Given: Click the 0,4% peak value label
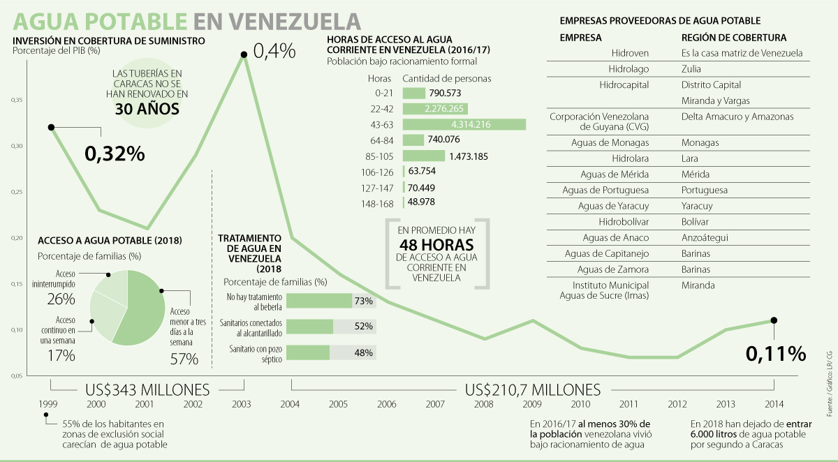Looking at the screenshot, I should pyautogui.click(x=274, y=52).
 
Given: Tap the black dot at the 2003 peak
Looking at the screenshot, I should pyautogui.click(x=244, y=54).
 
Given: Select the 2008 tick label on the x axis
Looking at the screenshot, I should pyautogui.click(x=483, y=404).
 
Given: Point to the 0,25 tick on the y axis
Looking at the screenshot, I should pyautogui.click(x=15, y=192).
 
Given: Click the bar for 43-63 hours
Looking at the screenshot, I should pyautogui.click(x=464, y=124).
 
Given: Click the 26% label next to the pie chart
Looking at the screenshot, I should pyautogui.click(x=61, y=299).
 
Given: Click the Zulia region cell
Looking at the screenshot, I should pyautogui.click(x=691, y=69).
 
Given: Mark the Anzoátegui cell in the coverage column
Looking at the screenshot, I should pyautogui.click(x=705, y=237).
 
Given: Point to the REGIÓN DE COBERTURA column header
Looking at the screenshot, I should pyautogui.click(x=734, y=37).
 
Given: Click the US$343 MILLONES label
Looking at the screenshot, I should pyautogui.click(x=147, y=389).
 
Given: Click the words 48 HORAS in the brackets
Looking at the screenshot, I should pyautogui.click(x=436, y=246).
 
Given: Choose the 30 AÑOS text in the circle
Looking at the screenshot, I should pyautogui.click(x=147, y=109).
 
